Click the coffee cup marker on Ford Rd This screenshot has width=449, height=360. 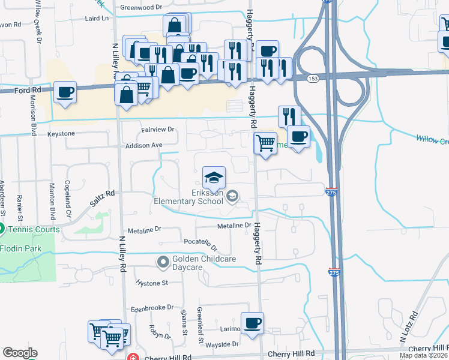point(65,93)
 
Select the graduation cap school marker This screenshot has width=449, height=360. point(213,177)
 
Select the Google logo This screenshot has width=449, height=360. point(20,353)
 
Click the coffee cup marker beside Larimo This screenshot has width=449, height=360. point(252,323)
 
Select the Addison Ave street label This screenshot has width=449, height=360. point(144,145)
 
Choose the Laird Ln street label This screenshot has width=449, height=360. point(99,19)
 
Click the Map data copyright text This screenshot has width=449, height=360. point(423,355)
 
